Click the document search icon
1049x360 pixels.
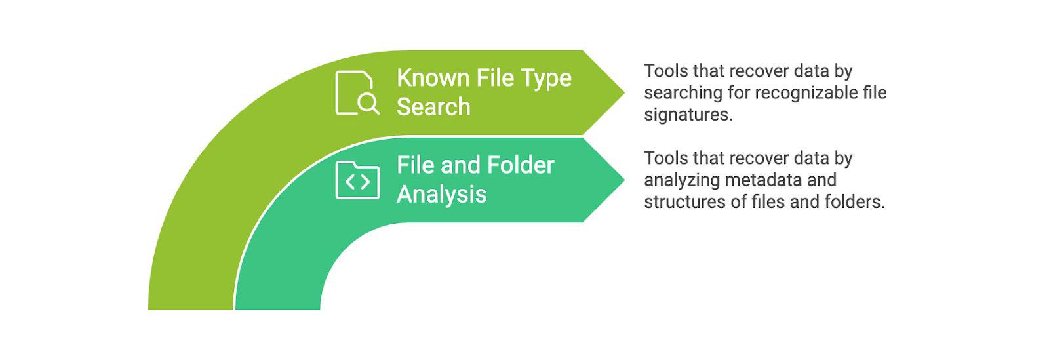coord(356,93)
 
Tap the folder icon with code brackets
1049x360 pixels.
coord(357,180)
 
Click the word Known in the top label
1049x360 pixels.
coord(433,78)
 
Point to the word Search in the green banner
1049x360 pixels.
coord(433,107)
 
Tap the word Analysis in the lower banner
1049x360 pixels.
coord(441,195)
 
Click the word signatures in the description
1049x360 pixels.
coord(686,115)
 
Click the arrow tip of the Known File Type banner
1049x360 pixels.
coord(620,92)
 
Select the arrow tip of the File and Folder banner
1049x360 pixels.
coord(620,180)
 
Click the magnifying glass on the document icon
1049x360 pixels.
coord(368,103)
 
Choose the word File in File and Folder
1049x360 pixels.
coord(416,165)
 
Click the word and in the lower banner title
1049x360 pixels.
coord(461,165)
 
